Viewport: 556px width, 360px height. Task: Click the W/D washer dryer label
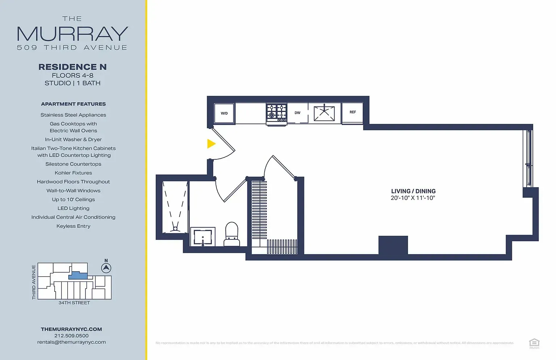point(224,113)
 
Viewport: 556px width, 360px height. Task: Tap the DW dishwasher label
point(298,113)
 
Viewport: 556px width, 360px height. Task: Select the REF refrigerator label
point(353,112)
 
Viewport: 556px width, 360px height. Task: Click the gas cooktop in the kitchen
point(277,113)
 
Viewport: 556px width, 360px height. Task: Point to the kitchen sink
point(324,113)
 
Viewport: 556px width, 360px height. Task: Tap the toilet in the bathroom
point(232,233)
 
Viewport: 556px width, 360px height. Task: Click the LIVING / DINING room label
point(413,191)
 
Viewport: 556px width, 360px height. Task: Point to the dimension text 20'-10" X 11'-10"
point(413,198)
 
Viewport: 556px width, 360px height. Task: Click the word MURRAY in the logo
point(72,34)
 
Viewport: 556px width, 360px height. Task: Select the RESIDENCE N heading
point(72,67)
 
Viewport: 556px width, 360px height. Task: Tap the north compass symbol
point(106,268)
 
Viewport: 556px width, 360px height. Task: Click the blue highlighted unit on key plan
point(78,276)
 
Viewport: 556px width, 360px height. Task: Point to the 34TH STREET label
point(74,303)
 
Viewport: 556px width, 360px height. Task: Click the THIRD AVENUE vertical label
point(34,282)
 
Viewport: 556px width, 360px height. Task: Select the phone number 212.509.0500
point(71,336)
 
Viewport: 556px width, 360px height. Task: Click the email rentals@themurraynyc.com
point(71,342)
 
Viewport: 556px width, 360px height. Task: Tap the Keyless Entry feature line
point(73,226)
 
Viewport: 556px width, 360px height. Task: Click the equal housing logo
point(534,343)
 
